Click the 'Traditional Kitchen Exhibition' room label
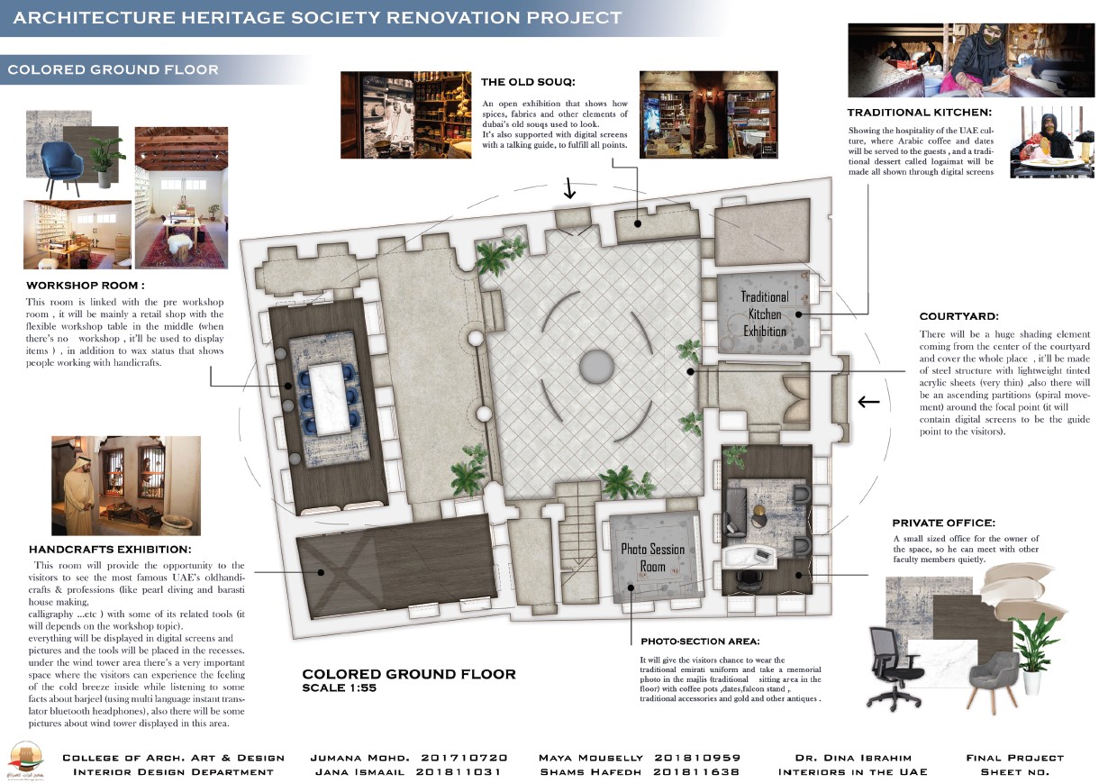pos(764,314)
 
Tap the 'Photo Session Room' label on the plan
pos(652,558)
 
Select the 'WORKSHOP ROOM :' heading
pos(86,286)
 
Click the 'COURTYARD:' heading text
pos(958,316)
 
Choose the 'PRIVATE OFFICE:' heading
pos(943,523)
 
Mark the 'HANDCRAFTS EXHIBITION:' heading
pos(110,549)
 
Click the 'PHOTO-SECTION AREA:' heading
pos(700,642)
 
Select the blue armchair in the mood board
pos(67,159)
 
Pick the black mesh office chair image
pos(897,667)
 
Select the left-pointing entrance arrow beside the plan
pos(868,402)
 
